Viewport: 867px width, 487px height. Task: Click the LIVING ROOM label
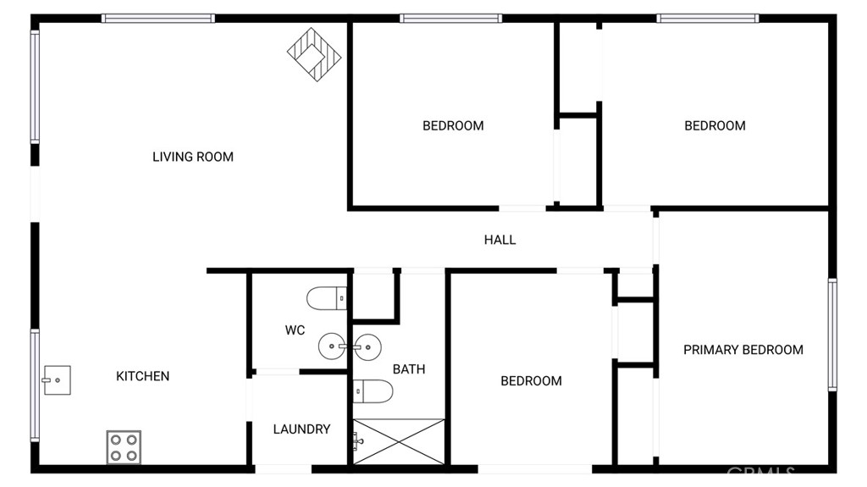(x=193, y=158)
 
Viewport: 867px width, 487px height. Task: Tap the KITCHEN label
(x=142, y=376)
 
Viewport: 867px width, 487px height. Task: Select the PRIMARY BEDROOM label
(x=743, y=350)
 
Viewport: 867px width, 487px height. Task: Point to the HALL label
(x=500, y=240)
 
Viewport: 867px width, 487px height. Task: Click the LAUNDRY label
(x=302, y=429)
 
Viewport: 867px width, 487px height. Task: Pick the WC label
(x=295, y=330)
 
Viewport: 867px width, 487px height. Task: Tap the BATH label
(x=409, y=369)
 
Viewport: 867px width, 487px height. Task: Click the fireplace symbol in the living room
(x=314, y=55)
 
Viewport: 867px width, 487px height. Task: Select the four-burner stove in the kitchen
(x=124, y=447)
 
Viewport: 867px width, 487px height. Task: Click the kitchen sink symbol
(x=57, y=380)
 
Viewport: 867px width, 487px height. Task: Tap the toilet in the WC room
(x=327, y=298)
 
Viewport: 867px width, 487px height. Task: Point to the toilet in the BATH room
(x=373, y=391)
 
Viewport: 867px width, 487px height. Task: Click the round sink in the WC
(x=332, y=346)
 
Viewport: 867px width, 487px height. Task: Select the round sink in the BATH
(x=367, y=347)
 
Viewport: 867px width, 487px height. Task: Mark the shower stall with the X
(x=399, y=441)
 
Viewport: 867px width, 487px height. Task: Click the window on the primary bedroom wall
(x=832, y=335)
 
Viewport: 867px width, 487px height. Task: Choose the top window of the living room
(x=158, y=19)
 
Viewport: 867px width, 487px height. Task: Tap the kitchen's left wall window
(x=35, y=385)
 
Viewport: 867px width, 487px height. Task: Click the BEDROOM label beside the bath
(x=532, y=381)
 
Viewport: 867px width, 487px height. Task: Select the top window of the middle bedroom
(x=451, y=19)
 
